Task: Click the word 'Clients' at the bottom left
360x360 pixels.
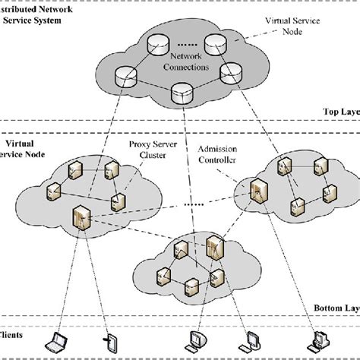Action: pyautogui.click(x=11, y=333)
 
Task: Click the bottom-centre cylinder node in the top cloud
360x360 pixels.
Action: pyautogui.click(x=181, y=93)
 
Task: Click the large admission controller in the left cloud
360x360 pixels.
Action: pyautogui.click(x=80, y=217)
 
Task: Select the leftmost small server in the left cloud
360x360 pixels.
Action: pyautogui.click(x=53, y=190)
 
